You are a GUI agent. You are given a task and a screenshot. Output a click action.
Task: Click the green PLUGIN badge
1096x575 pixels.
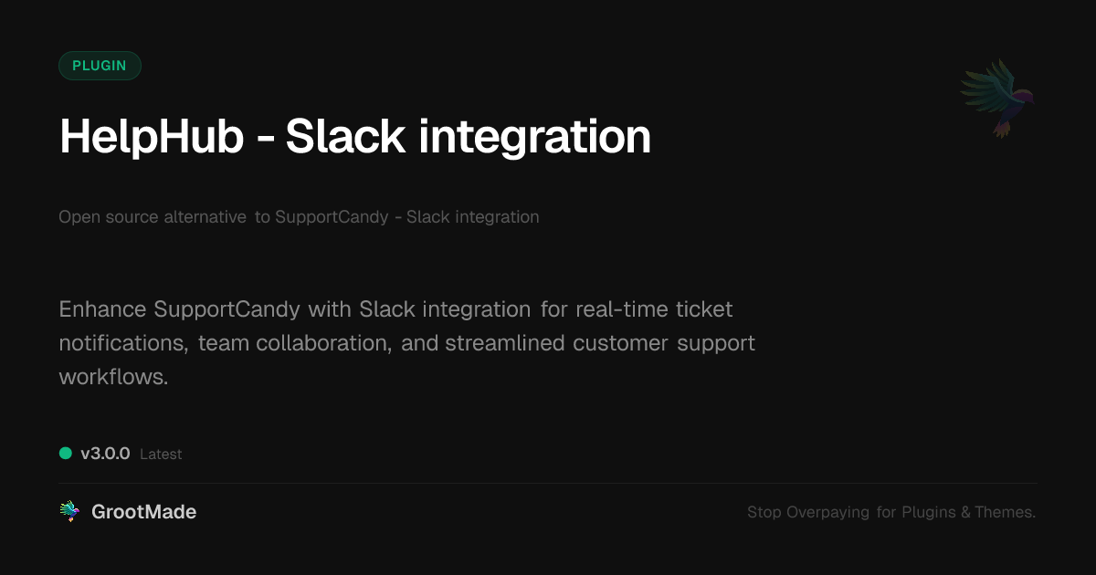pos(100,66)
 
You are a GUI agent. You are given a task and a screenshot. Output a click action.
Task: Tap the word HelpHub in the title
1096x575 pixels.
pos(152,137)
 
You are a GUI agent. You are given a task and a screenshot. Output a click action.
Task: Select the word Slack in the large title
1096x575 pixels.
pos(346,137)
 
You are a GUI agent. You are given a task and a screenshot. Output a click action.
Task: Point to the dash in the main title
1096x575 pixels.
pos(264,140)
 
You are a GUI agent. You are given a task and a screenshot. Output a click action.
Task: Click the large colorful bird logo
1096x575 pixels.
pos(997,98)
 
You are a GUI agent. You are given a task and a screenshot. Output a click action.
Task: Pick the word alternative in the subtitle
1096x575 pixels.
pos(205,217)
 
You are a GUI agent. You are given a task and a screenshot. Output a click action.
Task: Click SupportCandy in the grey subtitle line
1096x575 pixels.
pos(331,217)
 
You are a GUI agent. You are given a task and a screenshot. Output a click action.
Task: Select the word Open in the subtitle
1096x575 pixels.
pos(77,217)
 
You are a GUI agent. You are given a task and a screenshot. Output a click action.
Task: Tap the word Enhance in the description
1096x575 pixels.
pos(102,309)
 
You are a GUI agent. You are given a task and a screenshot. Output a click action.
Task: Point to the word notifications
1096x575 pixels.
pos(122,343)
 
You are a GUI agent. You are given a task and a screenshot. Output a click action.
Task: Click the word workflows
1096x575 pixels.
pos(113,377)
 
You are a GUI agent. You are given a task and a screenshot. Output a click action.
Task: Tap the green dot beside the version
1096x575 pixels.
pos(66,453)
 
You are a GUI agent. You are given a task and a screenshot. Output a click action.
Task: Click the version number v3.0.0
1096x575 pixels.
pos(105,454)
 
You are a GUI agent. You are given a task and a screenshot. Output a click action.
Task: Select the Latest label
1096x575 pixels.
pos(161,455)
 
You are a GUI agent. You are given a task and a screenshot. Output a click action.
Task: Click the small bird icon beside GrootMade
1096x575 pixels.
pos(69,512)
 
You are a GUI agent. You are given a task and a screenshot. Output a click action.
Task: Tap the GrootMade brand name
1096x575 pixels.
pos(143,512)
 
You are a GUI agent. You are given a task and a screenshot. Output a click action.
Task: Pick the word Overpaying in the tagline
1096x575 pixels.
pos(827,513)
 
